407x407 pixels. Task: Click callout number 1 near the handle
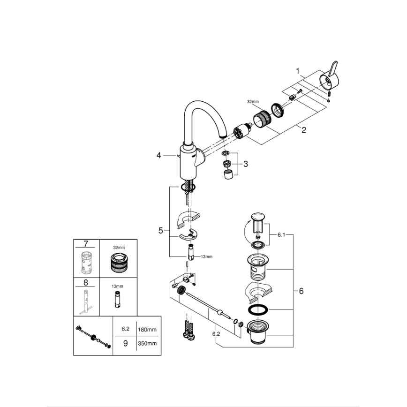(297, 71)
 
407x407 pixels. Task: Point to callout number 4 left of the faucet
(159, 155)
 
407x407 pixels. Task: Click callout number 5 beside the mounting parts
(160, 230)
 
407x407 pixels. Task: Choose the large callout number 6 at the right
(301, 291)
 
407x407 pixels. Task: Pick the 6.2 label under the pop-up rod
(216, 334)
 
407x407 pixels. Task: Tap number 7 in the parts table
(85, 243)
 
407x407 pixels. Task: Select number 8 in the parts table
(85, 282)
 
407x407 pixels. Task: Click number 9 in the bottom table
(125, 343)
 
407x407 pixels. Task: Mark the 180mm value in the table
(147, 330)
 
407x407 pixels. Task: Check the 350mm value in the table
(147, 343)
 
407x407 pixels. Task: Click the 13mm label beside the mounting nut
(206, 256)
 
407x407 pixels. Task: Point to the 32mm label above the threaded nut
(253, 101)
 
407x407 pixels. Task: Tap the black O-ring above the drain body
(256, 310)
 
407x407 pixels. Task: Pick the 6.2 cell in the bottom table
(125, 330)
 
